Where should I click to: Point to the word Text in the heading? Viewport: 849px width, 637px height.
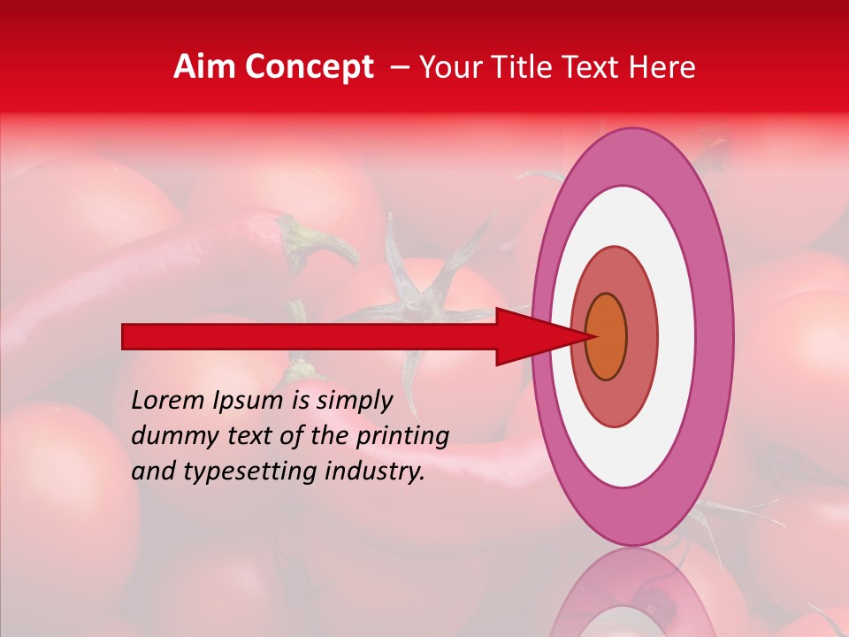(599, 67)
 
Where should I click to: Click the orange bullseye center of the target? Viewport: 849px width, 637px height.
(607, 336)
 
